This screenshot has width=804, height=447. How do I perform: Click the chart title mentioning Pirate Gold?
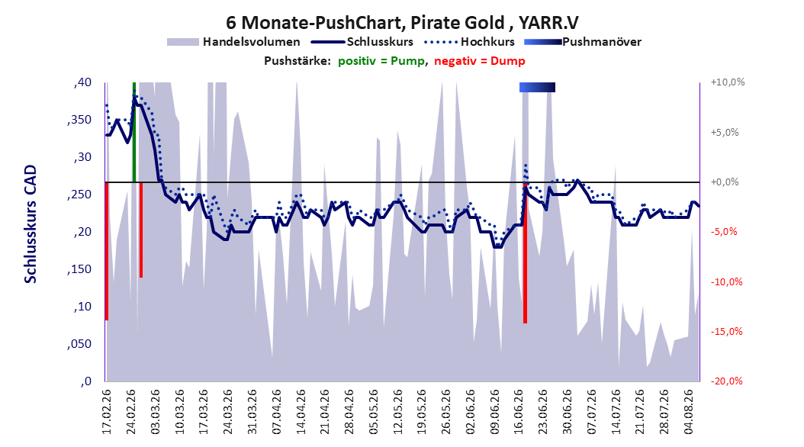(x=402, y=23)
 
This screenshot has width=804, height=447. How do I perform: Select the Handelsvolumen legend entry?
(x=234, y=42)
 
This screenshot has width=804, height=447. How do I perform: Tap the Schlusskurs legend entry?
(x=364, y=42)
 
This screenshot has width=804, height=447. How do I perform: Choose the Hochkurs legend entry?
(x=469, y=42)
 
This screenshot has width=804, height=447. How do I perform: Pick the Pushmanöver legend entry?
(x=583, y=42)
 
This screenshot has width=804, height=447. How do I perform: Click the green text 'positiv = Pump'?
(x=381, y=61)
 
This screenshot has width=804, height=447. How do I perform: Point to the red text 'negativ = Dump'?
(x=480, y=61)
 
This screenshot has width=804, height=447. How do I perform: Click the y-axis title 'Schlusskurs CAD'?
(x=31, y=224)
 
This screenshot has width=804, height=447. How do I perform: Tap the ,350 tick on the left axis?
(x=79, y=120)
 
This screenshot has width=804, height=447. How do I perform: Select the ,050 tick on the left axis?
(x=79, y=344)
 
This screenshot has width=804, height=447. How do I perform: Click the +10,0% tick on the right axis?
(x=728, y=82)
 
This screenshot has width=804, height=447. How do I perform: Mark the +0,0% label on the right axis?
(x=725, y=182)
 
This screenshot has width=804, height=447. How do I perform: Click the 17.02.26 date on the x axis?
(x=107, y=412)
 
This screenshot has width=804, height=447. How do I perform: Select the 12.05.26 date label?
(x=398, y=412)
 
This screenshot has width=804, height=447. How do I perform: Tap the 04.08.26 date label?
(x=689, y=412)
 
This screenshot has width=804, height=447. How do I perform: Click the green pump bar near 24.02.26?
(x=134, y=132)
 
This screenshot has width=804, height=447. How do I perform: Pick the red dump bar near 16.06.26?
(x=525, y=252)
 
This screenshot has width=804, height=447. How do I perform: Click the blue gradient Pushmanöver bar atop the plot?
(x=537, y=87)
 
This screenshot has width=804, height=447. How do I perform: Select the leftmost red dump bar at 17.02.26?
(x=107, y=251)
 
